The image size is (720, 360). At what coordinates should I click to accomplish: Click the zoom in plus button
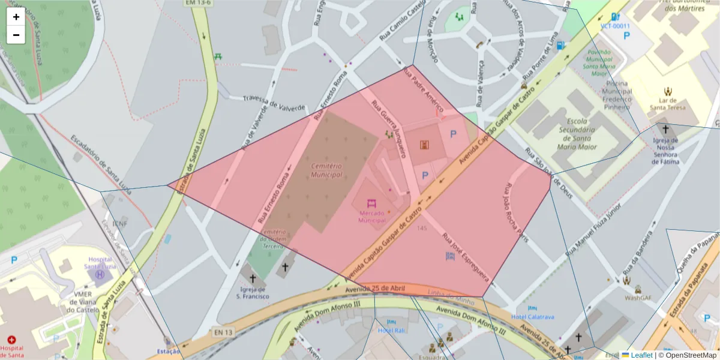coord(16,17)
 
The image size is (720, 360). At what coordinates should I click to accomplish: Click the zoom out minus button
coord(16,35)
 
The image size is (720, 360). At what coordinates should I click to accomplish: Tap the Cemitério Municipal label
coord(326,170)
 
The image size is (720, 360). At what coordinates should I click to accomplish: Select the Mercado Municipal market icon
coord(371,203)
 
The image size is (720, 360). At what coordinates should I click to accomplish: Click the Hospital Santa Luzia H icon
coord(100,275)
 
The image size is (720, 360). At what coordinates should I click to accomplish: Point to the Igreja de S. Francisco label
coord(252,293)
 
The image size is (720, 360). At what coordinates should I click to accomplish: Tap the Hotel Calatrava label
coord(533,317)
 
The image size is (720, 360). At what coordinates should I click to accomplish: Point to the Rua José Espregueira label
coord(466,257)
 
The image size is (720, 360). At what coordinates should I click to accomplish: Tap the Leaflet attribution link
coord(641,355)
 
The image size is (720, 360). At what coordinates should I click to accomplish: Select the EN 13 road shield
coord(221,332)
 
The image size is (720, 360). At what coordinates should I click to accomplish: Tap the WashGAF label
coord(638,297)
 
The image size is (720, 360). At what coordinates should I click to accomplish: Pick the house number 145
coord(422,228)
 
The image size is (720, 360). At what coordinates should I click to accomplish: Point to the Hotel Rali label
coord(392,330)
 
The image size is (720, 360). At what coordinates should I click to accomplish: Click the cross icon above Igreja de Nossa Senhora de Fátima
coord(665,128)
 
